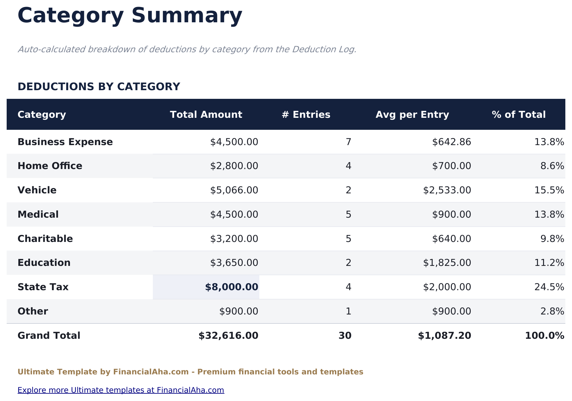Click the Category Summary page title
tap(130, 16)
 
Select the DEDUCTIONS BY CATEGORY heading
tap(99, 87)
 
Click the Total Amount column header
tap(206, 114)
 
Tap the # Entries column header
tap(306, 114)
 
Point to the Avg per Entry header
tap(412, 114)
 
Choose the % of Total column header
tap(518, 114)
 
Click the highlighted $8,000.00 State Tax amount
tap(231, 287)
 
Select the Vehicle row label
tap(37, 190)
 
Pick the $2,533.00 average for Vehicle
tap(447, 190)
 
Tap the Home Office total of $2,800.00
tap(234, 166)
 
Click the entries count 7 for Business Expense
tap(348, 142)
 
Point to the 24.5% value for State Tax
tap(549, 287)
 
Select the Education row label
tap(44, 263)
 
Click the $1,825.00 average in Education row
tap(447, 263)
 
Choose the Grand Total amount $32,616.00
tap(228, 335)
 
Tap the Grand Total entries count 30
tap(345, 335)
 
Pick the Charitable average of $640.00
tap(451, 239)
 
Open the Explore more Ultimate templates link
tap(121, 390)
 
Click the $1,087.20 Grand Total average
tap(444, 335)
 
